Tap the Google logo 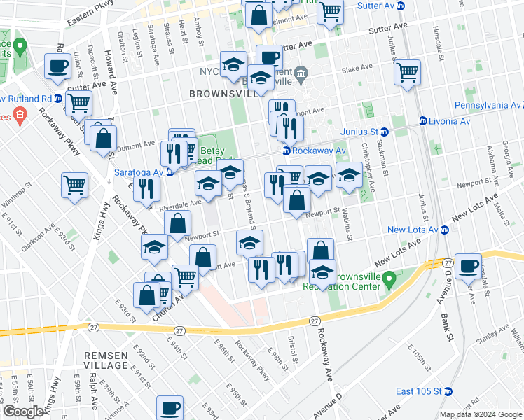(x=23, y=412)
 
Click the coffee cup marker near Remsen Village (x=170, y=408)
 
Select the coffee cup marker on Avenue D (x=468, y=266)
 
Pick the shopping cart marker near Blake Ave (x=407, y=72)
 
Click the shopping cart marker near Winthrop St (x=74, y=185)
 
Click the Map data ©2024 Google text (x=481, y=414)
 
